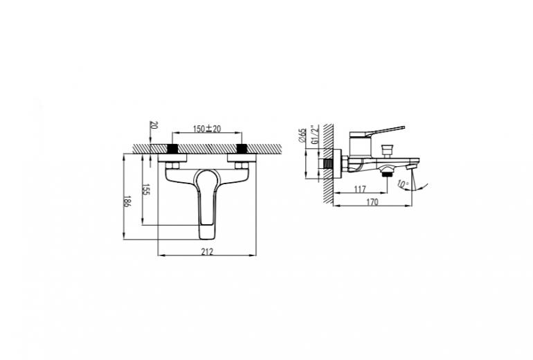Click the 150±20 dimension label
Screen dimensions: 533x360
coord(207,129)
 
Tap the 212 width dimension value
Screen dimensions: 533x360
coord(207,251)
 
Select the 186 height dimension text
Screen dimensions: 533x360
coord(127,201)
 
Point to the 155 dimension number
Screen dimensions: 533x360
coord(145,190)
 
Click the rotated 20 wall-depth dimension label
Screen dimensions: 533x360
coord(153,125)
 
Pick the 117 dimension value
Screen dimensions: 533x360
coord(360,189)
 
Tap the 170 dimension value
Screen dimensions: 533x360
coord(372,202)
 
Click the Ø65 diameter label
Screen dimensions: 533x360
coord(302,135)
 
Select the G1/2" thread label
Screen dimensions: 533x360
coord(316,134)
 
